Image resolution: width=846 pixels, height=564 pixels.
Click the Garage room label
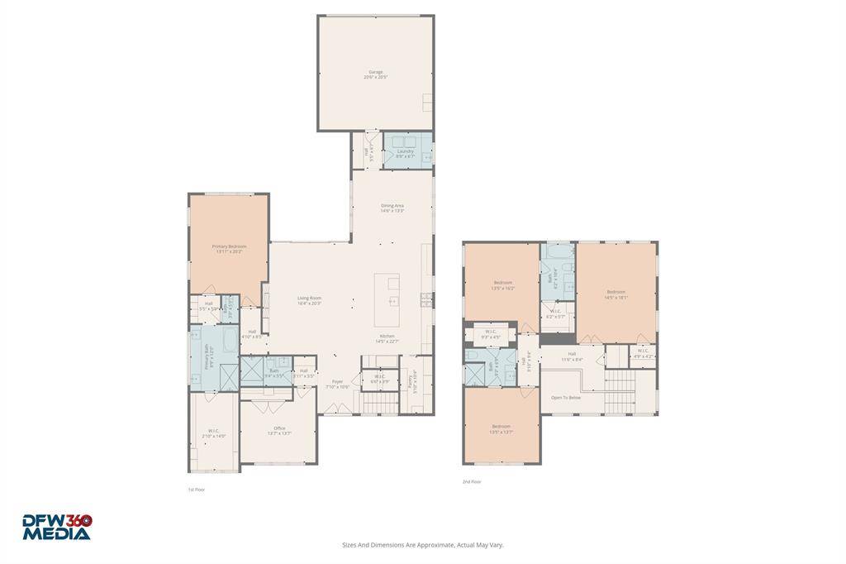pos(375,74)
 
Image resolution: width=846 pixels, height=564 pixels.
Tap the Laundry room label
pos(405,153)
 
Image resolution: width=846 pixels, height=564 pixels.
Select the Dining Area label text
pos(392,208)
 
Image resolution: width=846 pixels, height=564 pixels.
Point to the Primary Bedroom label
pos(229,248)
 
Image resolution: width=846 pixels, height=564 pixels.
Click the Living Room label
pos(309,300)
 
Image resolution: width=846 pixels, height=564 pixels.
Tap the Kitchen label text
pos(387,337)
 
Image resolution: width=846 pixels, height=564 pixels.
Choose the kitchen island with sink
pos(387,299)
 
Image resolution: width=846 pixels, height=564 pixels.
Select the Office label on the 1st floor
pos(279,429)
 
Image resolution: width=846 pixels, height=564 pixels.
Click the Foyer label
pos(337,383)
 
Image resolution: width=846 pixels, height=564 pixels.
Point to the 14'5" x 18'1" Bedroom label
pos(616,294)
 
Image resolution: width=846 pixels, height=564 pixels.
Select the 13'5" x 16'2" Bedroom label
pos(503,285)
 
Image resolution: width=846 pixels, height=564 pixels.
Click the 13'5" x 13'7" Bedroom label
pos(501,428)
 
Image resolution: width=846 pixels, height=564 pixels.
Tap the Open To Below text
pos(566,397)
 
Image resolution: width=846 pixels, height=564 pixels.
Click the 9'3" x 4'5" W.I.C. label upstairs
pos(491,335)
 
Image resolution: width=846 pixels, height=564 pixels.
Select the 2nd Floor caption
pos(471,481)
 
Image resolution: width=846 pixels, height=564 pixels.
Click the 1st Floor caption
pos(196,490)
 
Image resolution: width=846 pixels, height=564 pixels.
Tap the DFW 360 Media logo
pos(56,527)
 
